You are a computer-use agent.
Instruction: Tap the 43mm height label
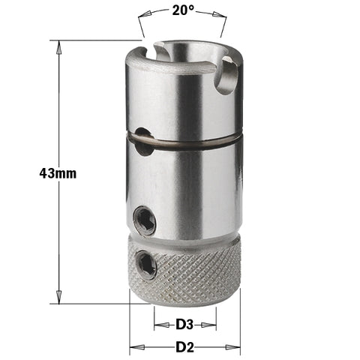point(58,172)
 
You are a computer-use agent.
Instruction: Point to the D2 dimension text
point(184,348)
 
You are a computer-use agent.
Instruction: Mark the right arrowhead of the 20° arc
point(223,14)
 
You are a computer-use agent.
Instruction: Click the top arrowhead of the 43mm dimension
point(58,43)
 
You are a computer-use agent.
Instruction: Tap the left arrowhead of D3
point(157,325)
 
